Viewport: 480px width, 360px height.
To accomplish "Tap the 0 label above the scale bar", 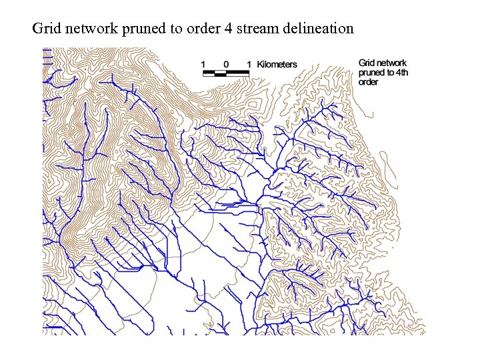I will [x=226, y=65].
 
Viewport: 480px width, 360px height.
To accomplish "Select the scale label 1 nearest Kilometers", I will [x=249, y=65].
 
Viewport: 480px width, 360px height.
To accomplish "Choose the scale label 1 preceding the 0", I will [x=204, y=65].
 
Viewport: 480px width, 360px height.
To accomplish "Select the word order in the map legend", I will [x=368, y=82].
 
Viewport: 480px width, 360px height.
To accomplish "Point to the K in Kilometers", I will [x=259, y=65].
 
